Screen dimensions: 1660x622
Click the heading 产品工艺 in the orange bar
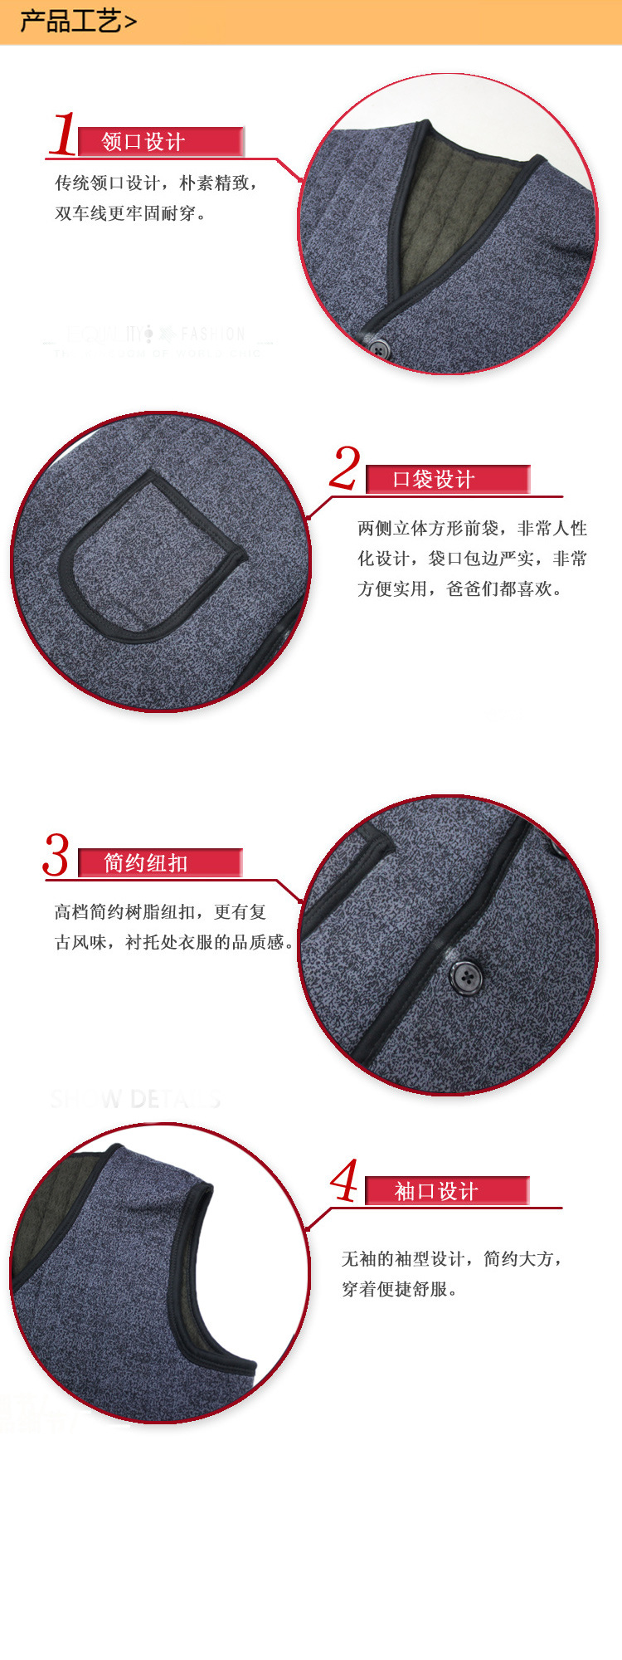coord(71,21)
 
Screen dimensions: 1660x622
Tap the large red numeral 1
coord(63,134)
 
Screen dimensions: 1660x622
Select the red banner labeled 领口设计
coord(161,141)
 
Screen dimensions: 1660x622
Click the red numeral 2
coord(345,468)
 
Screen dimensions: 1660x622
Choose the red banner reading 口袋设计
coord(447,479)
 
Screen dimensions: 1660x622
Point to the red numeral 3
coord(56,855)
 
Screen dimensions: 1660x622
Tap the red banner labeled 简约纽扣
coord(159,862)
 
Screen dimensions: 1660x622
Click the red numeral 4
coord(344,1180)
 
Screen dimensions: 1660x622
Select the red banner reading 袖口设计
coord(447,1191)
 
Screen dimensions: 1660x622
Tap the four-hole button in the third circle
coord(466,976)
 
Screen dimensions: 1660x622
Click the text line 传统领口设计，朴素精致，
coord(157,183)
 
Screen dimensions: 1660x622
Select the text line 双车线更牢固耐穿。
coord(131,213)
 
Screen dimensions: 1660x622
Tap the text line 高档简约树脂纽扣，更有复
coord(160,912)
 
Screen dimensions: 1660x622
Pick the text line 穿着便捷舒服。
coord(400,1289)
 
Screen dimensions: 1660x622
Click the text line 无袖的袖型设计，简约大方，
coord(453,1259)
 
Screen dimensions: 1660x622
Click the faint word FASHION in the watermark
coord(212,334)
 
